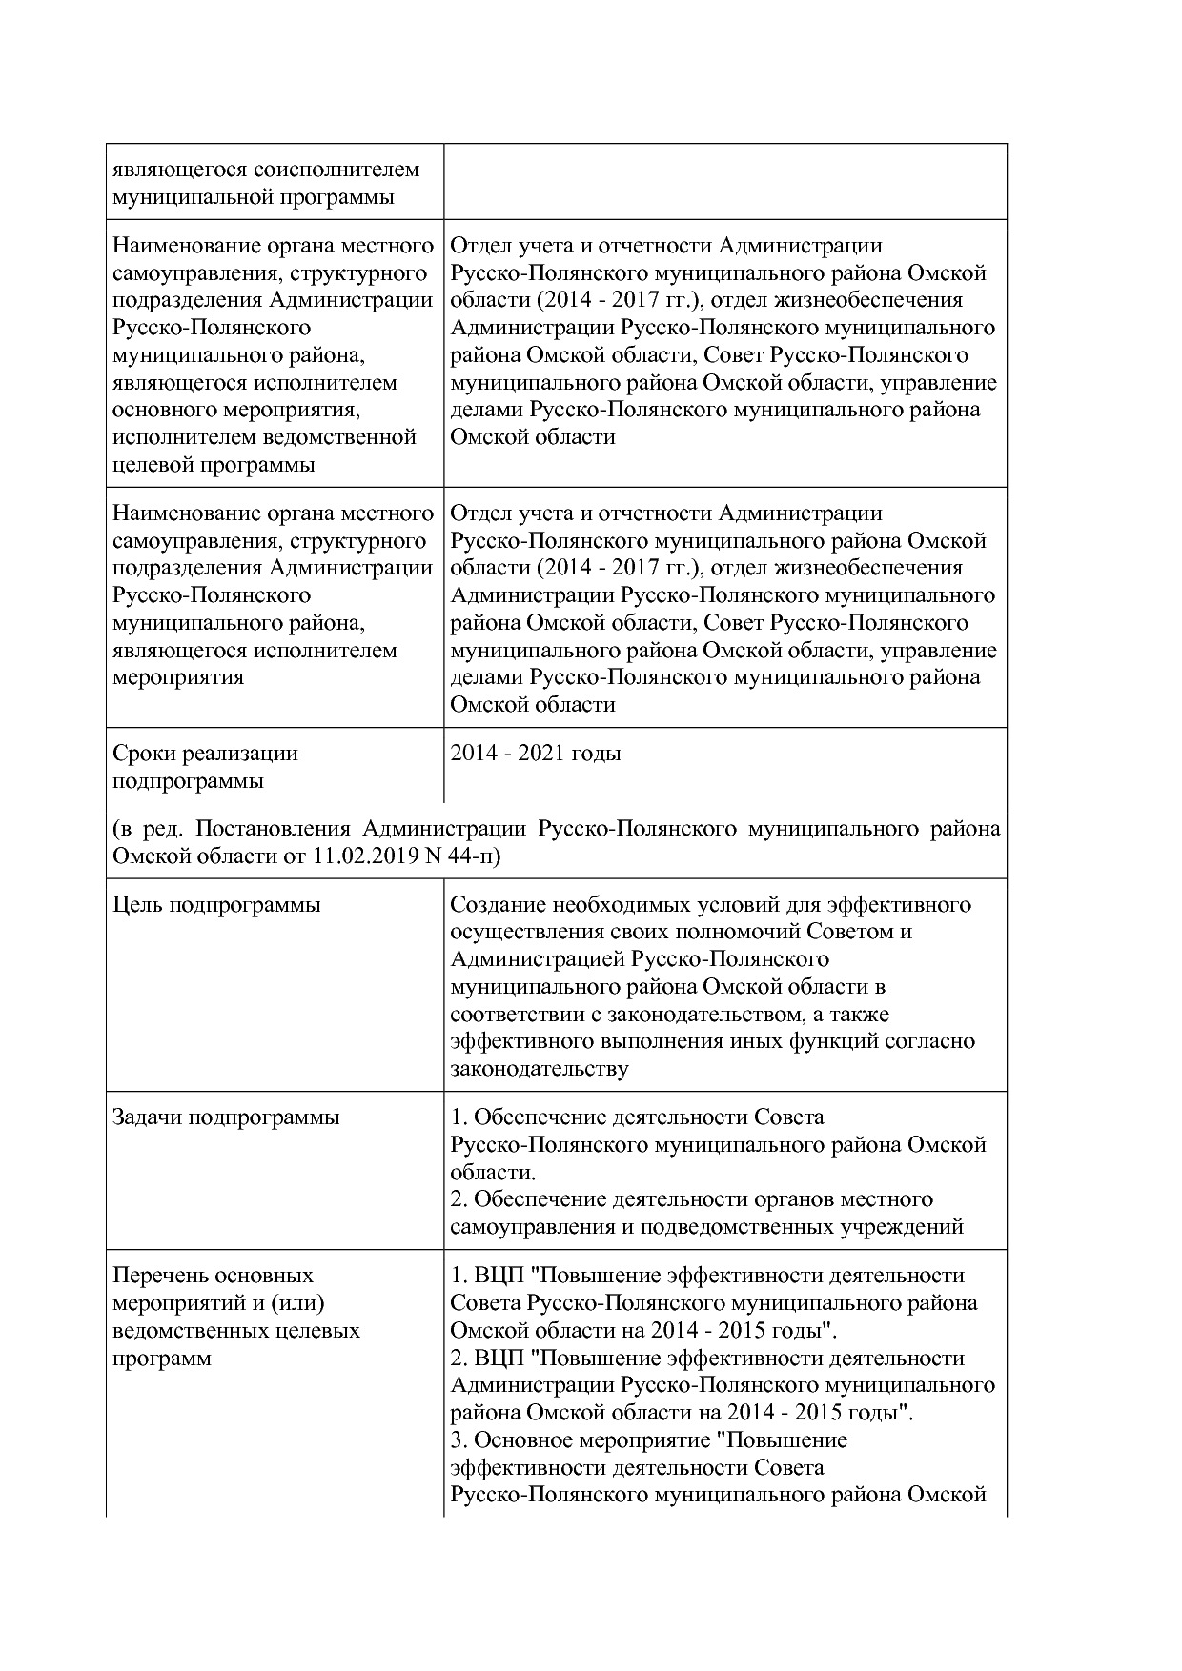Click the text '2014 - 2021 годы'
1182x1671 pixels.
535,754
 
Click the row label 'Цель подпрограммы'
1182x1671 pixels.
216,904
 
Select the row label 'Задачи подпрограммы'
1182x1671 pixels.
226,1117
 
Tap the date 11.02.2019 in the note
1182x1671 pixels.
365,856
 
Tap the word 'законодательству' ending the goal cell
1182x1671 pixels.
539,1069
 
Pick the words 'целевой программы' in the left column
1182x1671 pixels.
214,466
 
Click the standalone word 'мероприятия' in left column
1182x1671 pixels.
178,678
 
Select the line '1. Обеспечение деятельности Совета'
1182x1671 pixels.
637,1117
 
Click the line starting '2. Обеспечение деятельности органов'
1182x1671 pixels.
691,1199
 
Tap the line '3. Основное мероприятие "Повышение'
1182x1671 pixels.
648,1439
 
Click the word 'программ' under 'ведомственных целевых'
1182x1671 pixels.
162,1359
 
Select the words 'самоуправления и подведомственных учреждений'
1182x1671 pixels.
706,1227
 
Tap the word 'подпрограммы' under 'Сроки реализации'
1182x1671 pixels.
188,781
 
